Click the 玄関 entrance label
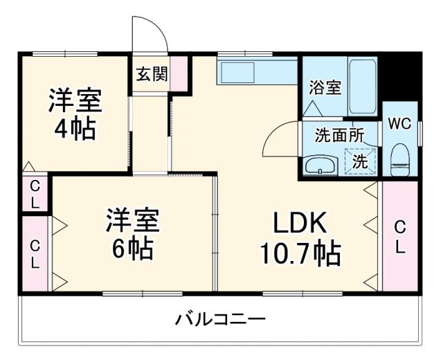(x=152, y=74)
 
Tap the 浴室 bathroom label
(x=324, y=88)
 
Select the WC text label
(x=399, y=124)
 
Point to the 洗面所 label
(x=338, y=136)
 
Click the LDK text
(x=299, y=223)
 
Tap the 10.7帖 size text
(x=299, y=254)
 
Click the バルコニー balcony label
(x=219, y=320)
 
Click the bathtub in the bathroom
(x=362, y=87)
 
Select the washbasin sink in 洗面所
(x=320, y=165)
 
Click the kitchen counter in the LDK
(x=257, y=71)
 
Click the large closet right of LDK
(x=399, y=236)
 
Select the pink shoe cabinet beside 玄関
(x=179, y=74)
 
